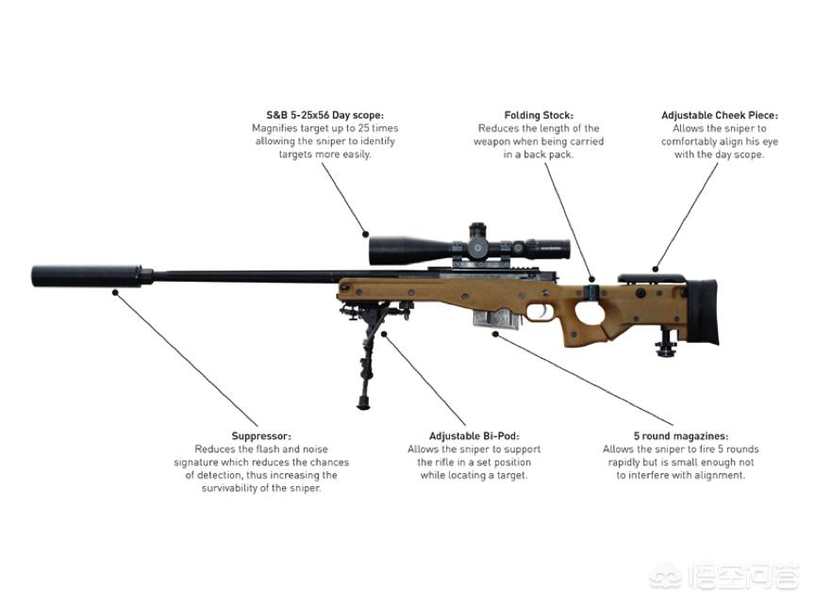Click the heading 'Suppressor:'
pos(261,436)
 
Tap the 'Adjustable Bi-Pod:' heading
pos(474,436)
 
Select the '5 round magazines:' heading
pos(681,436)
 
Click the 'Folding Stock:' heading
pos(539,115)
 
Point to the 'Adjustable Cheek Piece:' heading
pos(720,115)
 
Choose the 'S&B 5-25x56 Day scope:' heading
pos(325,115)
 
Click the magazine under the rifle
pos(497,318)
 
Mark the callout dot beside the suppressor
pos(115,293)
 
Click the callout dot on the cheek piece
pos(656,269)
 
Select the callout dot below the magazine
pos(495,335)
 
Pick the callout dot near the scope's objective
pos(366,235)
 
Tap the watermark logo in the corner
pos(724,577)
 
